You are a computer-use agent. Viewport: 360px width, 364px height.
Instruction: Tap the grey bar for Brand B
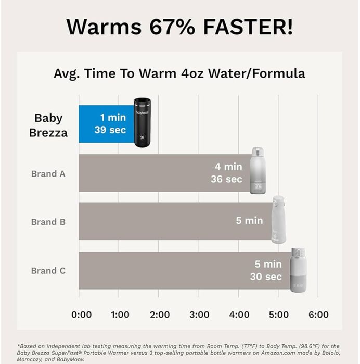[x=156, y=221]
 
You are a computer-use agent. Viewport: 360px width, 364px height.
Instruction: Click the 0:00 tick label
[x=81, y=315]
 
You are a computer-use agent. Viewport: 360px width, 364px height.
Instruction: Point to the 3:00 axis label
[x=199, y=315]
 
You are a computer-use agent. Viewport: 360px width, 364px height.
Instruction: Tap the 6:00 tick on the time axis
[x=318, y=315]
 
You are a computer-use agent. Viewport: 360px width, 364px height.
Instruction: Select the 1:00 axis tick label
[x=120, y=315]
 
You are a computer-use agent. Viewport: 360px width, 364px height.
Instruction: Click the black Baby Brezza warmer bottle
[x=142, y=122]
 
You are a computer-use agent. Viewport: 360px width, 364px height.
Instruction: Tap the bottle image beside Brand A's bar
[x=259, y=170]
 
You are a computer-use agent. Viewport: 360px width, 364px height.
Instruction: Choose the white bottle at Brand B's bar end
[x=278, y=219]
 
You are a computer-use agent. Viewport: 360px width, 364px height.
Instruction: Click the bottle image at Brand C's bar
[x=298, y=270]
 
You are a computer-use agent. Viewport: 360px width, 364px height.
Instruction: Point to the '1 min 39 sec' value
[x=110, y=123]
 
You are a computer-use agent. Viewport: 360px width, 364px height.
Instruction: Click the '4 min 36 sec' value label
[x=227, y=173]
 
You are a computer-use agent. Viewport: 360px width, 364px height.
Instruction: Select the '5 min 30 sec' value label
[x=266, y=270]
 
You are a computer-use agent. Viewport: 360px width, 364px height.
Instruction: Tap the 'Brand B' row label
[x=48, y=222]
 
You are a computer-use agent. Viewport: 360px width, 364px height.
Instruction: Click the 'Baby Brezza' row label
[x=50, y=125]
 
